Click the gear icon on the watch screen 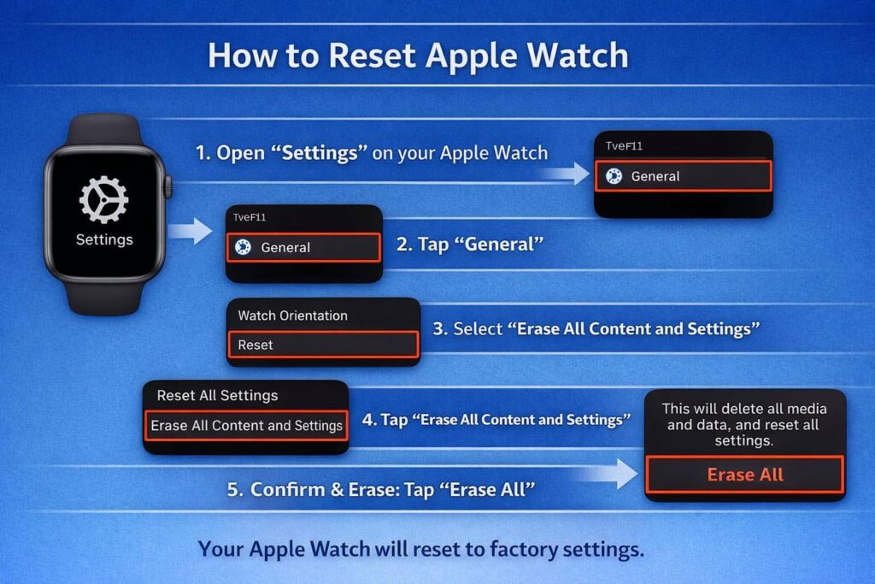(103, 199)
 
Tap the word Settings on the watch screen (104, 239)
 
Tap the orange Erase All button (744, 475)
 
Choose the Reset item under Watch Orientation (323, 345)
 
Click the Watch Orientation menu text (292, 316)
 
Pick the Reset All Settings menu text (217, 396)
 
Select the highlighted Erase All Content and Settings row (246, 425)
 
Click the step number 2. (402, 245)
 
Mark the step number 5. (233, 490)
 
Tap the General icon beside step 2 (243, 247)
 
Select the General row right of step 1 (683, 176)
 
